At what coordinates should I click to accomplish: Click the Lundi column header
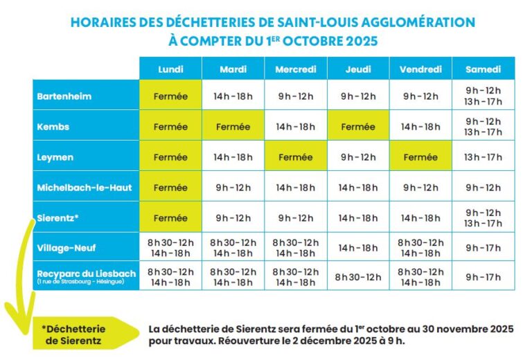(x=170, y=69)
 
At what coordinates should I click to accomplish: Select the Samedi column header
(x=483, y=69)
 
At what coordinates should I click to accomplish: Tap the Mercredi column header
(x=295, y=69)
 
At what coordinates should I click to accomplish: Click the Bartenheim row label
(x=64, y=96)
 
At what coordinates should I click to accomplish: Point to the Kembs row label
(x=53, y=127)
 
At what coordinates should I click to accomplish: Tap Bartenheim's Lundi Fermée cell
(x=170, y=96)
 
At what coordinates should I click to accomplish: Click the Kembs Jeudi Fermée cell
(x=357, y=127)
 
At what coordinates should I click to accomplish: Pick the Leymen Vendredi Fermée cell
(x=420, y=157)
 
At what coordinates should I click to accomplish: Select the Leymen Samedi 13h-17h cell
(x=483, y=157)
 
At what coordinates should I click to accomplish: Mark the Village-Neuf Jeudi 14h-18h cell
(x=357, y=247)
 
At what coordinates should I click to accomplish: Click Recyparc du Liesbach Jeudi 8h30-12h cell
(x=357, y=277)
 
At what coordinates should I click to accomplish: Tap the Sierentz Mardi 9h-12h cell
(x=233, y=218)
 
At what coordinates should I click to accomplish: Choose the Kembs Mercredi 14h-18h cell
(x=295, y=127)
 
